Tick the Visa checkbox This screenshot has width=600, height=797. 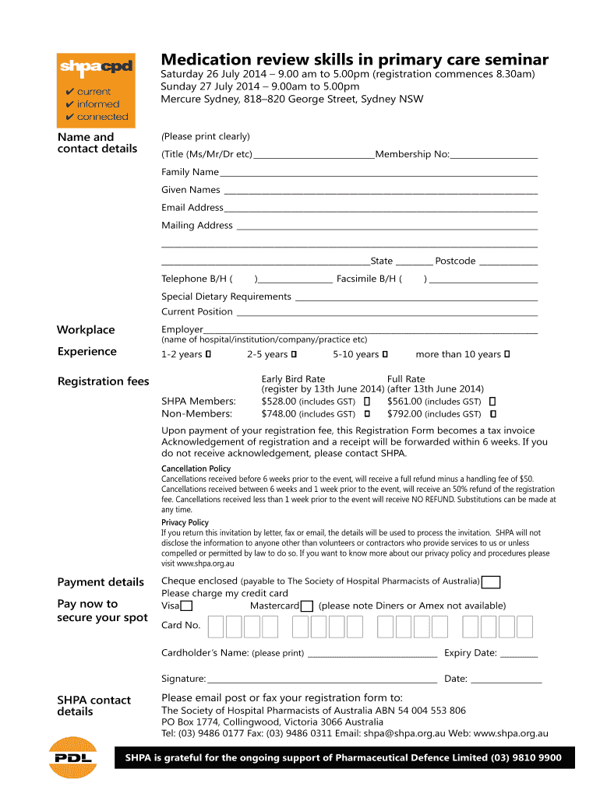(x=187, y=606)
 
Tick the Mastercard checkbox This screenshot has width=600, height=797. (x=307, y=606)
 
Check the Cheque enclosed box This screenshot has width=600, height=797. (x=491, y=582)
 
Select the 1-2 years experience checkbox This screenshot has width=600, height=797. (x=208, y=355)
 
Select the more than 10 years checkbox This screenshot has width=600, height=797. (x=507, y=355)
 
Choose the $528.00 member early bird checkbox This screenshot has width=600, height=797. (x=366, y=401)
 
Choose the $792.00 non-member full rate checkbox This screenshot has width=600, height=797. (x=492, y=414)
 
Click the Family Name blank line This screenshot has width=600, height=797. (x=378, y=173)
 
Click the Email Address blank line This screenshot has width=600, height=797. (x=380, y=209)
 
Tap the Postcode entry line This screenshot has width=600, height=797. (x=508, y=262)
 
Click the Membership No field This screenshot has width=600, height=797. (x=494, y=155)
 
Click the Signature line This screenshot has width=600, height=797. (x=321, y=679)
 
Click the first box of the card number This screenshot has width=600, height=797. (x=215, y=627)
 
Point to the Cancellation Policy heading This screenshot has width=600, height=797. (x=196, y=469)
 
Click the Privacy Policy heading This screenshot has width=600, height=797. (x=185, y=522)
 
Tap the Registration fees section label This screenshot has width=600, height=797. (x=103, y=381)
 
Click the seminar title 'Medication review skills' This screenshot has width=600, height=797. (x=355, y=60)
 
